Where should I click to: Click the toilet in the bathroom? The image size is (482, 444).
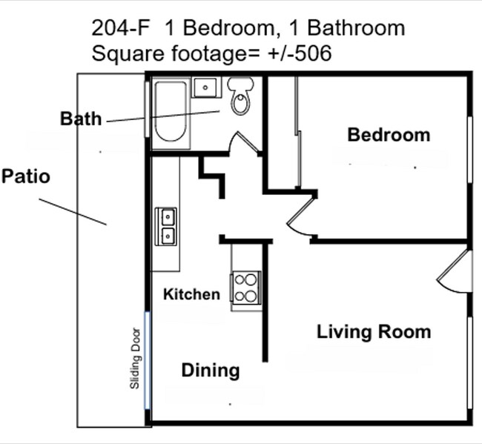241,96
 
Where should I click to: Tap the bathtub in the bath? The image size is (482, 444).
171,112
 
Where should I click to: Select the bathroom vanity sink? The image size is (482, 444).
206,87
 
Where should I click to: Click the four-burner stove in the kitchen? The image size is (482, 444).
246,288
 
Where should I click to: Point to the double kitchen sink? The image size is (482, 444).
166,227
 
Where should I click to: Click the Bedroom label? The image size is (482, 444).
389,135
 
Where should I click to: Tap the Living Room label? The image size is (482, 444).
374,332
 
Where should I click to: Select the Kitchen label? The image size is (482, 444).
191,294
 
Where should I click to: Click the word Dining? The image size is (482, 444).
211,371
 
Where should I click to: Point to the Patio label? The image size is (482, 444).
26,176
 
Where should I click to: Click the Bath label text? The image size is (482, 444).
81,119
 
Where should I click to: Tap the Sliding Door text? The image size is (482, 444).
135,359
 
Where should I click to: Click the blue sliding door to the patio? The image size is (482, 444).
148,360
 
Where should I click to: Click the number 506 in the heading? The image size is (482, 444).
313,53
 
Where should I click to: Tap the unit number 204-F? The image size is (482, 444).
121,28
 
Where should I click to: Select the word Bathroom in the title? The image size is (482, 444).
356,28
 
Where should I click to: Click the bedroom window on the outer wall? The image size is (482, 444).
470,150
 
